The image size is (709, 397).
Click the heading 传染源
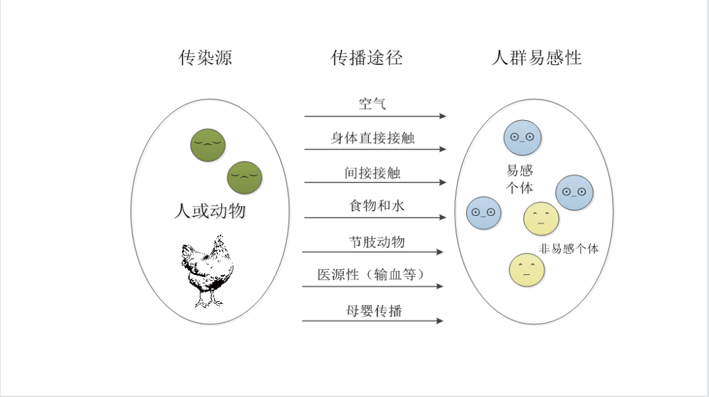205,58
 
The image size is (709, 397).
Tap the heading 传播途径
366,58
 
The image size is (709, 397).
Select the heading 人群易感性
536,58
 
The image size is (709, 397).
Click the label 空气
372,103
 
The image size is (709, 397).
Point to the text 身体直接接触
372,138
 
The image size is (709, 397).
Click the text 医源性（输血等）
372,275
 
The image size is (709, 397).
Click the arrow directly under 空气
375,116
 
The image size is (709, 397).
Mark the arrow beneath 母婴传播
372,321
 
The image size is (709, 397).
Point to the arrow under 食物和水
375,217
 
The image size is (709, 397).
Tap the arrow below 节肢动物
372,252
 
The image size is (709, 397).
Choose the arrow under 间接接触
375,182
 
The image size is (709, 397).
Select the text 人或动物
209,211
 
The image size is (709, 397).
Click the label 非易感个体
569,249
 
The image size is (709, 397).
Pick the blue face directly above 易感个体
522,137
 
